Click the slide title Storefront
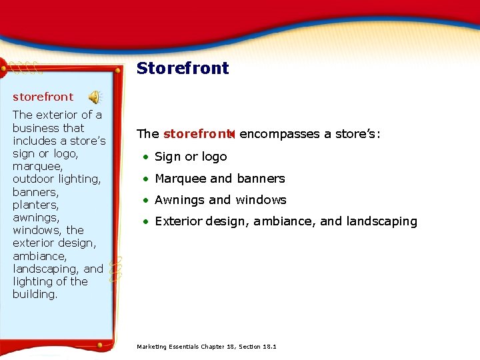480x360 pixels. pyautogui.click(x=183, y=68)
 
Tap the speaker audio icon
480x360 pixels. pyautogui.click(x=95, y=97)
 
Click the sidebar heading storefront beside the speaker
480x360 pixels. pyautogui.click(x=43, y=97)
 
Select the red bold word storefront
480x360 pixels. pyautogui.click(x=195, y=134)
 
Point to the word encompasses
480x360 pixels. pyautogui.click(x=280, y=134)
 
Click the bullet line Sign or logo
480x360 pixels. pyautogui.click(x=191, y=157)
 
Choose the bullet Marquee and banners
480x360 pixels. pyautogui.click(x=219, y=179)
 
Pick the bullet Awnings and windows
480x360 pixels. pyautogui.click(x=220, y=200)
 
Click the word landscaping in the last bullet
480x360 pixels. pyautogui.click(x=382, y=221)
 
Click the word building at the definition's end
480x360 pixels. pyautogui.click(x=34, y=294)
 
